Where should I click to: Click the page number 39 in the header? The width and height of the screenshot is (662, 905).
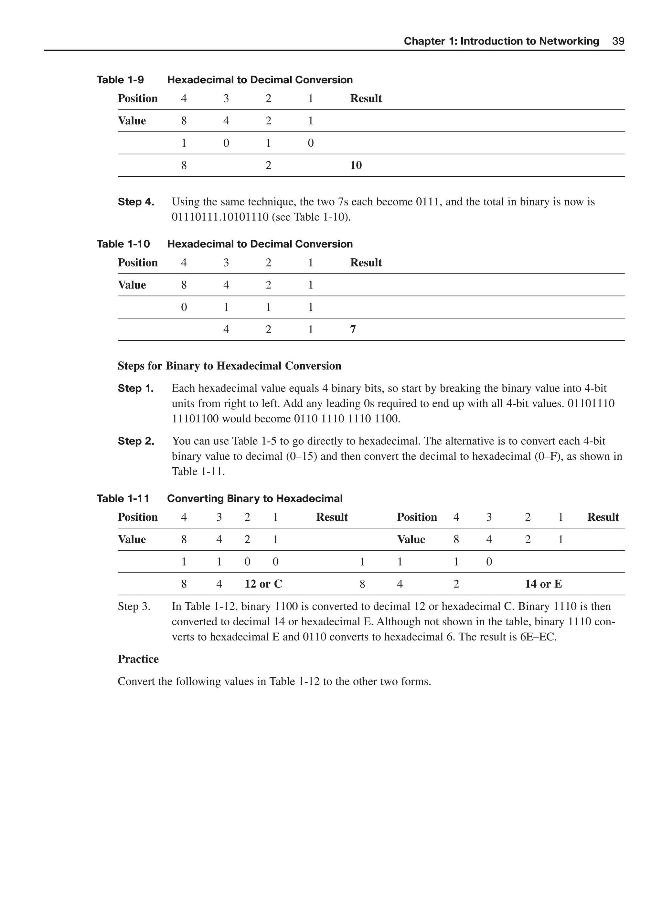(x=618, y=41)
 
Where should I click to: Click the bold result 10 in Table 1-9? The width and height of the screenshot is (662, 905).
(x=356, y=165)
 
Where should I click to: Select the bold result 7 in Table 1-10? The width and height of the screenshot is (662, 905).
(x=353, y=329)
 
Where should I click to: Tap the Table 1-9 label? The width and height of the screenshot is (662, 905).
(x=120, y=80)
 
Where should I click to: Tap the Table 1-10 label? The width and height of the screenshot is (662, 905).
(x=123, y=244)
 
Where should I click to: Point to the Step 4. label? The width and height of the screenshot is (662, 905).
(x=136, y=202)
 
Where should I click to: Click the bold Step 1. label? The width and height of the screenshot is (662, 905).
(x=135, y=389)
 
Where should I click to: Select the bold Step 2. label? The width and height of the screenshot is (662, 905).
(x=136, y=441)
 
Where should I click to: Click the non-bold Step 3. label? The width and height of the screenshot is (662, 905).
(x=134, y=607)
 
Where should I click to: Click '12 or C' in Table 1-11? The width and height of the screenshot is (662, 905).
(x=263, y=584)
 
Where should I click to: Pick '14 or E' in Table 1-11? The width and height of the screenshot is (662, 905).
(x=543, y=584)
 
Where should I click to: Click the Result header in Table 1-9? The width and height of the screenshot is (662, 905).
(x=366, y=99)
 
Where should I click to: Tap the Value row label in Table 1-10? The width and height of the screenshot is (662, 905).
(x=132, y=285)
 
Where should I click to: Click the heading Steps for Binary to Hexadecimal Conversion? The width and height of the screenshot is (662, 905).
(x=229, y=366)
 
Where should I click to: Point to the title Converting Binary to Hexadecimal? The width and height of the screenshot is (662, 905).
(x=254, y=499)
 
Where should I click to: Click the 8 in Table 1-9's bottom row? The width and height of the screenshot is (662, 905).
(x=184, y=165)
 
